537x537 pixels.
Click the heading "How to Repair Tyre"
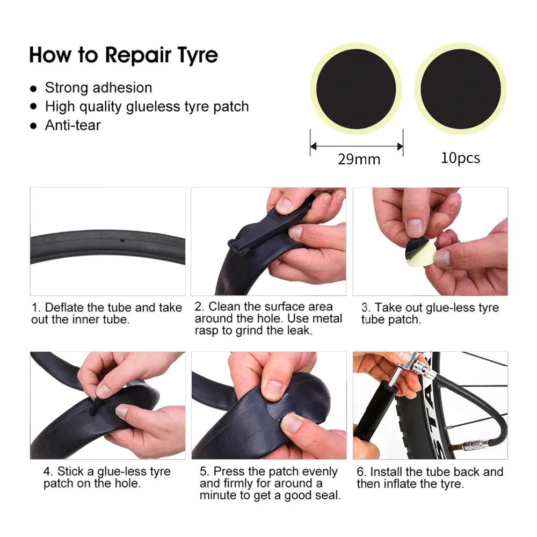[x=124, y=55]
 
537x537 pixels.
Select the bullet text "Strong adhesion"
[x=98, y=88]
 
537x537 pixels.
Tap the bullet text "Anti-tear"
[x=72, y=125]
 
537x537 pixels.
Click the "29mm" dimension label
[x=359, y=159]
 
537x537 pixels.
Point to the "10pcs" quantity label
[x=460, y=158]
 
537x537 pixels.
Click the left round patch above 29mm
[x=356, y=88]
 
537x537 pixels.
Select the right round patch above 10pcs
[x=461, y=88]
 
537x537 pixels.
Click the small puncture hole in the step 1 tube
[x=123, y=240]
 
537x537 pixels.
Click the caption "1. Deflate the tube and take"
[x=107, y=308]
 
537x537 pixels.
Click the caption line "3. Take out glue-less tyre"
[x=430, y=308]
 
